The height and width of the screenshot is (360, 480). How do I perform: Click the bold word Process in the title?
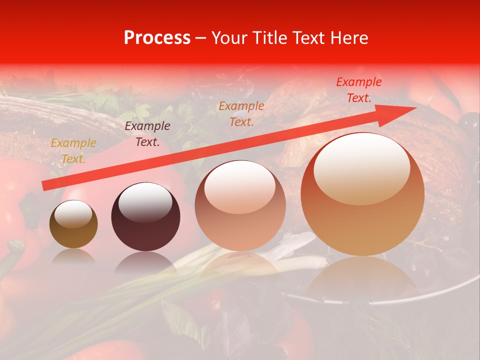(157, 38)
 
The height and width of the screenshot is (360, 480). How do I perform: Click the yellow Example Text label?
(73, 151)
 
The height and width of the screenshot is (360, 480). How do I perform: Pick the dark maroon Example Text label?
(147, 134)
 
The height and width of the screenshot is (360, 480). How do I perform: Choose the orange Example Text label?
(241, 113)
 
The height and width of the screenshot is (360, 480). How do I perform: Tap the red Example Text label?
(358, 90)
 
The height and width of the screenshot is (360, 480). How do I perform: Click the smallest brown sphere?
(73, 224)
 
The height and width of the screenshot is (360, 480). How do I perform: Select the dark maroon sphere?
(145, 216)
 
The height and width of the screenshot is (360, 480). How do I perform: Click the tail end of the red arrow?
(45, 186)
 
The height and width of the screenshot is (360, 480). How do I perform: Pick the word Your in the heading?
(228, 38)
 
